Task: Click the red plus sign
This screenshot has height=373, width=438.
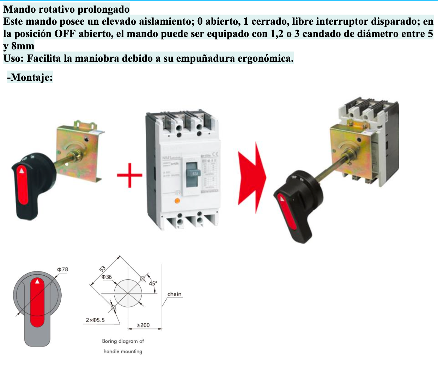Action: tap(129, 175)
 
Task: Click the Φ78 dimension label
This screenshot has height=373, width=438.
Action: tap(62, 269)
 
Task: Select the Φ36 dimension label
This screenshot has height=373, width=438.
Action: tap(107, 277)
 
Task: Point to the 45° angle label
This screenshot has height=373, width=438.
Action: tap(153, 283)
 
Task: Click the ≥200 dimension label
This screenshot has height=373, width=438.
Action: tap(143, 325)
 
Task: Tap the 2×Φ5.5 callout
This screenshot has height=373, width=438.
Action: tap(95, 320)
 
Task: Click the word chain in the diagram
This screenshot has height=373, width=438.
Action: tap(174, 294)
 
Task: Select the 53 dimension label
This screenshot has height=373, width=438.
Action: tap(102, 269)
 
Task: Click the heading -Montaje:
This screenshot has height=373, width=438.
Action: tap(30, 77)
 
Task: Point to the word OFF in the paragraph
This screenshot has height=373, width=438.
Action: tap(65, 34)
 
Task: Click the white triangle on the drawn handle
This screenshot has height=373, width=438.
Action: tap(37, 281)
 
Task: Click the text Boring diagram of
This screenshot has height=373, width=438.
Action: tap(123, 341)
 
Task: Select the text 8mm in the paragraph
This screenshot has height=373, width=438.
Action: tap(23, 46)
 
